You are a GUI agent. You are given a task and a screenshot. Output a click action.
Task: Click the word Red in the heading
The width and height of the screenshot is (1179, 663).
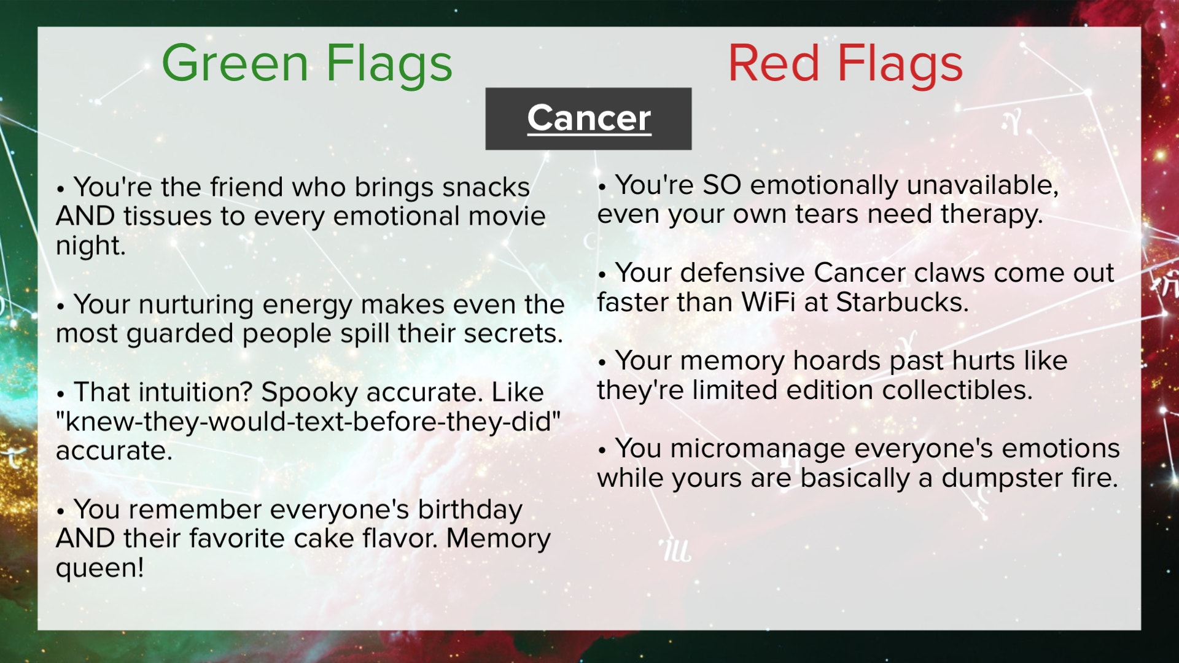pyautogui.click(x=774, y=63)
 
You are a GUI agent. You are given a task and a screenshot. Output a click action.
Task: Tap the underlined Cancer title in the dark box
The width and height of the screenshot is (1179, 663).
pyautogui.click(x=589, y=118)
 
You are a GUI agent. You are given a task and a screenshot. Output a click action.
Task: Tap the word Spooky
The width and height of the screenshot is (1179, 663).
pyautogui.click(x=309, y=393)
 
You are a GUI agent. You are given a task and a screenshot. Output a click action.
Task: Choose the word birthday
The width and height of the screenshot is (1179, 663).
pyautogui.click(x=470, y=510)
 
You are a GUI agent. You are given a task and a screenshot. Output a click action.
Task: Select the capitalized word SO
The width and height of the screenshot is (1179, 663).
pyautogui.click(x=722, y=185)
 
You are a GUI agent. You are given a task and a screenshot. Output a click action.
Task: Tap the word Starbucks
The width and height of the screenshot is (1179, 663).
pyautogui.click(x=902, y=302)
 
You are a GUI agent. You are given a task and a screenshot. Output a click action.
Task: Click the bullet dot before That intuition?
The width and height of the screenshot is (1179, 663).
pyautogui.click(x=60, y=394)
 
